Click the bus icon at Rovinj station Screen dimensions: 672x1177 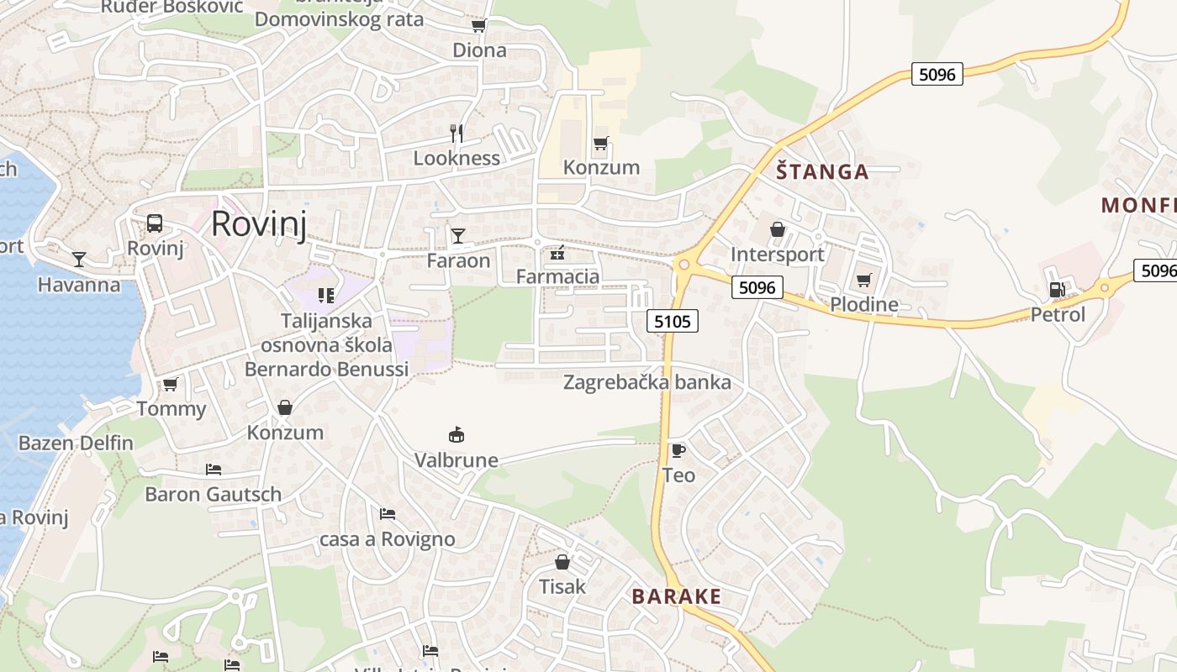pyautogui.click(x=155, y=223)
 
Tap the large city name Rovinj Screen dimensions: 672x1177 pyautogui.click(x=258, y=224)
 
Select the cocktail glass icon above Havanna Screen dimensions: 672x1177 pyautogui.click(x=79, y=260)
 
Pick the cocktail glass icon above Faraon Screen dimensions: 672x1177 pyautogui.click(x=458, y=236)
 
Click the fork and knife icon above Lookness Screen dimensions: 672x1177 pyautogui.click(x=457, y=134)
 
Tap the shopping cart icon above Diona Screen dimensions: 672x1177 pyautogui.click(x=479, y=26)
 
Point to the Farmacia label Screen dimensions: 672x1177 pyautogui.click(x=557, y=276)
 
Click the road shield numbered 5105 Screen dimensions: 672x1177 pyautogui.click(x=673, y=320)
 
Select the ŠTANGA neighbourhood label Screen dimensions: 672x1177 pyautogui.click(x=821, y=172)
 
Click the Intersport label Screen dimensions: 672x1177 pyautogui.click(x=777, y=255)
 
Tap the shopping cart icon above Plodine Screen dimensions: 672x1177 pyautogui.click(x=863, y=280)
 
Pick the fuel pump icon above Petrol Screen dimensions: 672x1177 pyautogui.click(x=1057, y=290)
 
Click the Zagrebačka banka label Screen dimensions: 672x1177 pyautogui.click(x=647, y=382)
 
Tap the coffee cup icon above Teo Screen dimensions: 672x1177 pyautogui.click(x=678, y=450)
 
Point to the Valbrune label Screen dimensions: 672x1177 pyautogui.click(x=456, y=460)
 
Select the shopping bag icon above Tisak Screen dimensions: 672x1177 pyautogui.click(x=562, y=562)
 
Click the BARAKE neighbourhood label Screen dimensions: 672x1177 pyautogui.click(x=676, y=596)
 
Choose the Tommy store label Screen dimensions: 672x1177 pyautogui.click(x=171, y=409)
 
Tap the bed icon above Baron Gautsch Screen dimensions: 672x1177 pyautogui.click(x=214, y=469)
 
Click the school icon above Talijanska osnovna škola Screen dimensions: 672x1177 pyautogui.click(x=326, y=296)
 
